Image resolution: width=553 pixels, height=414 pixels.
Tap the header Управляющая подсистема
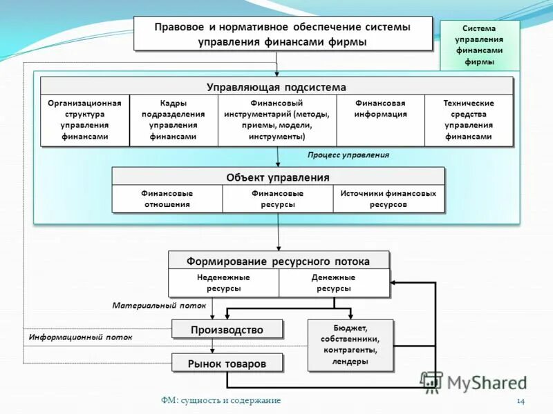coord(276,87)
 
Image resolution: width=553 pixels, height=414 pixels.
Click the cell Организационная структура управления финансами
coord(84,120)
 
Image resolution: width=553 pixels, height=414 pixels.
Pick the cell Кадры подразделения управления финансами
coord(174,120)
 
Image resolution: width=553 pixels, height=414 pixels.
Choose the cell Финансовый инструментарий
coord(277,120)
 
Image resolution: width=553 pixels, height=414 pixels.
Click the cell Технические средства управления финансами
coord(469,120)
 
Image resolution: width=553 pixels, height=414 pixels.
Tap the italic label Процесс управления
coord(348,155)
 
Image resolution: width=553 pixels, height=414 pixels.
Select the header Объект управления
coord(278,177)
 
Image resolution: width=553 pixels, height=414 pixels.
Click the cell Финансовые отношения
coord(167,199)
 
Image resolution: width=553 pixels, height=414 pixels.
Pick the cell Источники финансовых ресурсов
coord(388,199)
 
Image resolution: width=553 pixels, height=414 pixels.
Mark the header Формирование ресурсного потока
coord(278,262)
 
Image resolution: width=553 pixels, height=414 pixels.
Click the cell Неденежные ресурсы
coord(223,283)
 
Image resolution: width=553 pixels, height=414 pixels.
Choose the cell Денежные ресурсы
coord(333,283)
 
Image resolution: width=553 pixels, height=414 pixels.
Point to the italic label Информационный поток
coord(80,338)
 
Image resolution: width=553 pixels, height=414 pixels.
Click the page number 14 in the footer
coord(521,401)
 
